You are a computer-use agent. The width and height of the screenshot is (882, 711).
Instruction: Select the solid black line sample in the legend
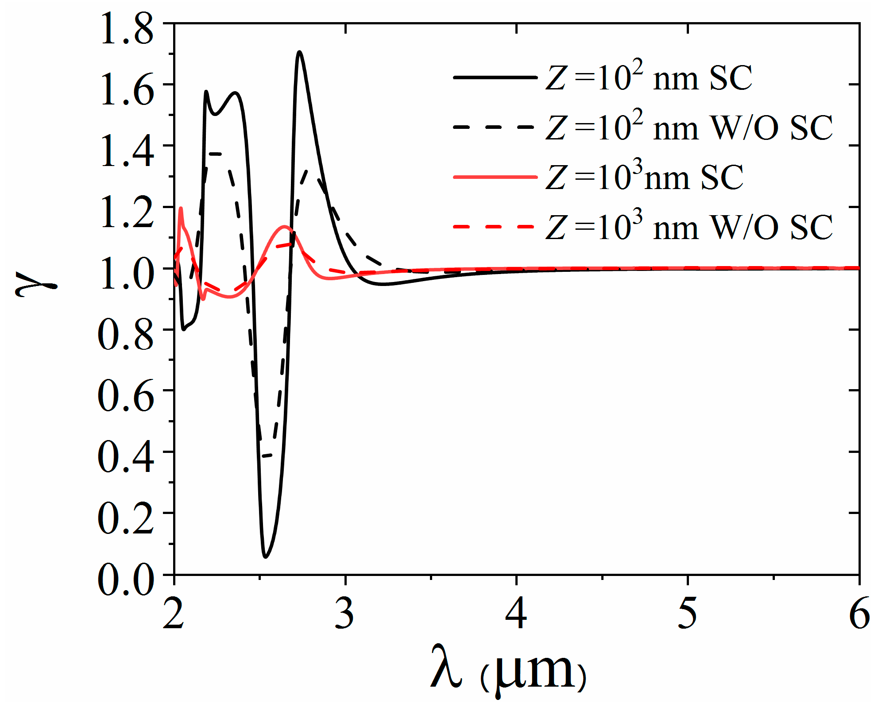[x=495, y=78]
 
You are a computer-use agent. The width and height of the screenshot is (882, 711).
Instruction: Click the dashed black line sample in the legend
[x=495, y=128]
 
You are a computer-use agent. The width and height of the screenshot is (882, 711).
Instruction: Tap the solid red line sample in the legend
[x=495, y=177]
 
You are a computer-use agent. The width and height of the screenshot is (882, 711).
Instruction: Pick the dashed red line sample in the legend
[x=495, y=227]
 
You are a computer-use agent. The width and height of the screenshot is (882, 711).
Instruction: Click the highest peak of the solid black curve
[x=300, y=52]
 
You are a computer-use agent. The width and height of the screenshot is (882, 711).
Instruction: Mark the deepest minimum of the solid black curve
[x=265, y=556]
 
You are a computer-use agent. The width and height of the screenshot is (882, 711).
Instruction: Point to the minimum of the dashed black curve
[x=266, y=456]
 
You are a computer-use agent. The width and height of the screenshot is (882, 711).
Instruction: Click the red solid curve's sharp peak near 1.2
[x=181, y=208]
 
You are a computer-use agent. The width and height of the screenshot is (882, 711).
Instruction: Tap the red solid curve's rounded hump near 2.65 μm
[x=284, y=227]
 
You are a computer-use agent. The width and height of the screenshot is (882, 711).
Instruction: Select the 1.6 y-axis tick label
[x=127, y=91]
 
